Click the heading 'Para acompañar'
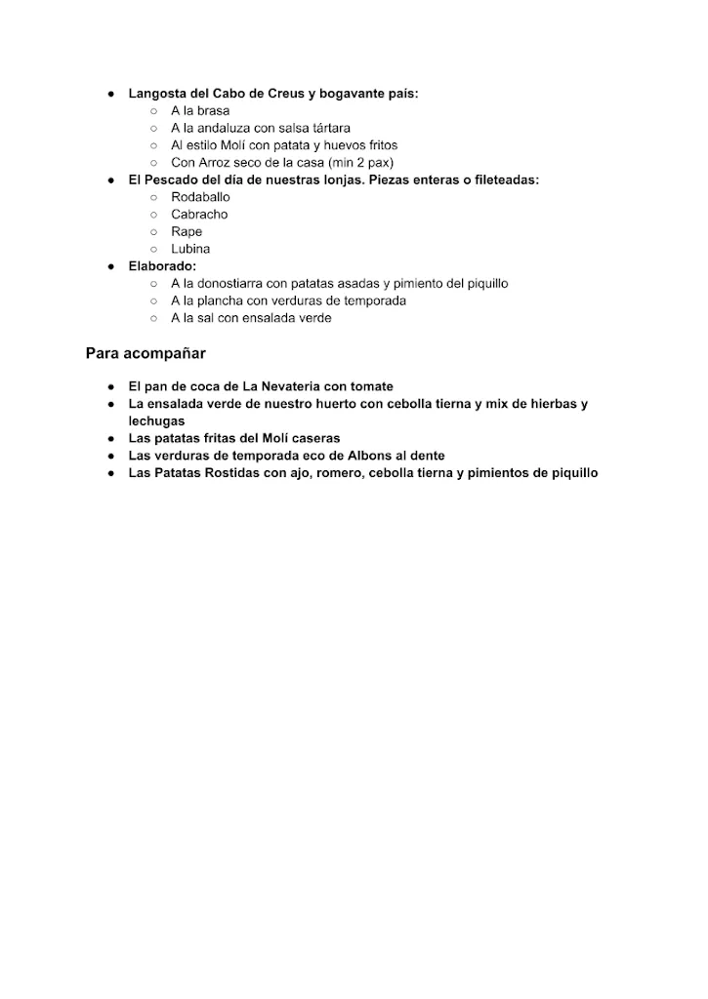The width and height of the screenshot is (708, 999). click(146, 352)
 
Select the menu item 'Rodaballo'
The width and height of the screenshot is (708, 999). click(200, 197)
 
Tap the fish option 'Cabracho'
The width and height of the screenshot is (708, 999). click(199, 215)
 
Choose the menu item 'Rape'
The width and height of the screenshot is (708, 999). click(187, 232)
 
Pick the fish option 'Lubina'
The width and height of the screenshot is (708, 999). click(190, 249)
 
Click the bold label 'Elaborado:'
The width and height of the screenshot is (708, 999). click(162, 265)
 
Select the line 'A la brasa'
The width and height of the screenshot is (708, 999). click(200, 111)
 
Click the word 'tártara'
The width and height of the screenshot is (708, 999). click(329, 128)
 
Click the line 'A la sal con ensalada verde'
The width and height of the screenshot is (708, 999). click(251, 318)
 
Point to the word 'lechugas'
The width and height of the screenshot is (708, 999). click(156, 420)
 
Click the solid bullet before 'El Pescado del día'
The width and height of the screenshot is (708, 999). click(112, 180)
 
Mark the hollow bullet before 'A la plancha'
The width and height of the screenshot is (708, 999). click(153, 300)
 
